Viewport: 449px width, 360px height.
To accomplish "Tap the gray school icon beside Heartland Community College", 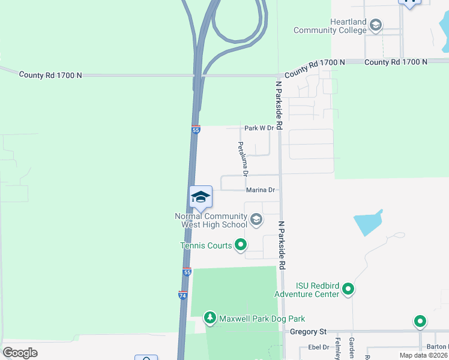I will tap(376, 25).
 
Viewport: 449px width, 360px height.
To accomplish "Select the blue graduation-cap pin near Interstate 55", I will tap(201, 196).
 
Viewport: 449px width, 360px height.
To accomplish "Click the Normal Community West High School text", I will tap(211, 220).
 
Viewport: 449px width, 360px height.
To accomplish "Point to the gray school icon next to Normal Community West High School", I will tap(256, 220).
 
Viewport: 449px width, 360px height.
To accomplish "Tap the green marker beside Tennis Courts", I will tap(241, 244).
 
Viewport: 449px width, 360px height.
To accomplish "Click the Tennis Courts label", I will tap(205, 245).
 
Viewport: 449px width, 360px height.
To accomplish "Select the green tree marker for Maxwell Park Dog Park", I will tap(209, 317).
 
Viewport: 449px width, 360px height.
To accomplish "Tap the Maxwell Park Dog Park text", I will tap(262, 319).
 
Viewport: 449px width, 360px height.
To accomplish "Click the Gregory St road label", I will tap(307, 331).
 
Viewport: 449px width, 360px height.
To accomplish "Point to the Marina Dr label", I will tap(260, 190).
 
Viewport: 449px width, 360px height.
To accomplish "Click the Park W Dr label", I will tap(259, 128).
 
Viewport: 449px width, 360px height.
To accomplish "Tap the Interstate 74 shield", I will tap(183, 295).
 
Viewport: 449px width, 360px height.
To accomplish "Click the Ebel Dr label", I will tap(319, 347).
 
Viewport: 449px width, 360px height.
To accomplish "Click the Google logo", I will tap(20, 353).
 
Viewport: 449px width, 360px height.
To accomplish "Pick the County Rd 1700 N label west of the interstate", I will tap(50, 75).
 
